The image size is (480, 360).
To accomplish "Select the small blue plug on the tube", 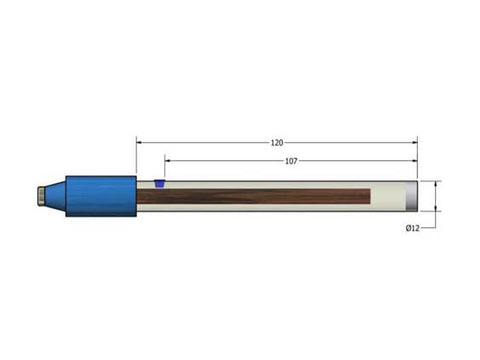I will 159,184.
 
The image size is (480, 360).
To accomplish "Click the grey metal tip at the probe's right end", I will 414,196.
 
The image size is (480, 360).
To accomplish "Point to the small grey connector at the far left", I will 38,196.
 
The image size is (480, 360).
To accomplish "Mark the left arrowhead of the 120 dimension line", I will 140,142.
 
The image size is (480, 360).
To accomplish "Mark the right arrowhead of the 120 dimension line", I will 415,142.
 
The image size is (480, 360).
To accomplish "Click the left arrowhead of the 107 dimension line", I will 168,160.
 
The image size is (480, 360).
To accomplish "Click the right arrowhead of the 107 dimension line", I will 415,160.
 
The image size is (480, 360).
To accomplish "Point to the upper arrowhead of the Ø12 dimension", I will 437,184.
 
